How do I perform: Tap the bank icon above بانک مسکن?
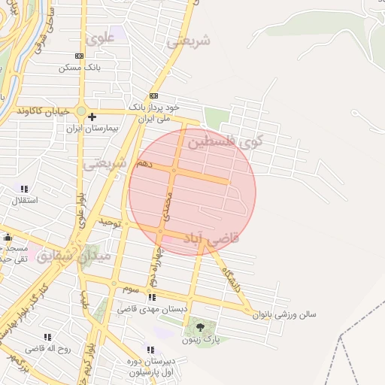80,56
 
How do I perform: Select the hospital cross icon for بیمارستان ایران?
92,117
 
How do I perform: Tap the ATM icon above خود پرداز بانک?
154,95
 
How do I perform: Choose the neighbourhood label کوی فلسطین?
223,141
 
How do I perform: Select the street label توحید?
111,223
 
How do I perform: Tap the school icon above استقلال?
24,189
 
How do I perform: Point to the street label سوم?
132,289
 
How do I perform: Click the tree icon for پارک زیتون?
200,326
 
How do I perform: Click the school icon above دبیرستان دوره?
151,350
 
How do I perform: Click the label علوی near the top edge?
99,37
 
